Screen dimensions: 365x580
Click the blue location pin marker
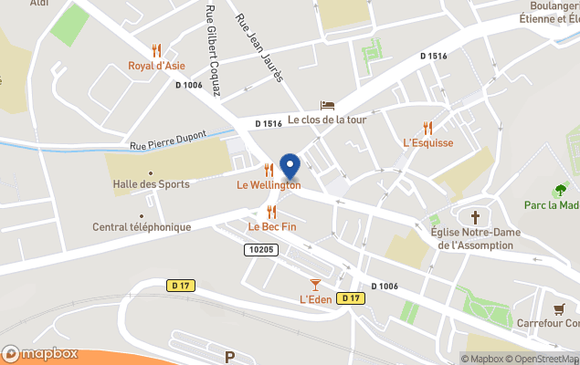tap(290, 167)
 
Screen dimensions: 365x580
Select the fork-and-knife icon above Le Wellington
tap(268, 170)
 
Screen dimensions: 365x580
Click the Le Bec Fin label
tap(272, 226)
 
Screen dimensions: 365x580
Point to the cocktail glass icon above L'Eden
tap(315, 285)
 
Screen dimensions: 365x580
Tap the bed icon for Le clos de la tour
tap(326, 106)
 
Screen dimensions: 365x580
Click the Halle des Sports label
tap(151, 184)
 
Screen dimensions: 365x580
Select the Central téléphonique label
tap(142, 227)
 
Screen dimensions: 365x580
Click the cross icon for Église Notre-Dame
tap(475, 217)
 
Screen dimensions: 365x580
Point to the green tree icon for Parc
tap(561, 190)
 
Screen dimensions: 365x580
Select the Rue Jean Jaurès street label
tap(260, 47)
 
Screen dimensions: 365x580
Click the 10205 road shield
tap(260, 248)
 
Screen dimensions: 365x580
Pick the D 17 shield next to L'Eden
tap(350, 298)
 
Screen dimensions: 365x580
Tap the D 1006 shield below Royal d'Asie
tap(188, 85)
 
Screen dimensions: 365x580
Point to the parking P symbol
tap(229, 357)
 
